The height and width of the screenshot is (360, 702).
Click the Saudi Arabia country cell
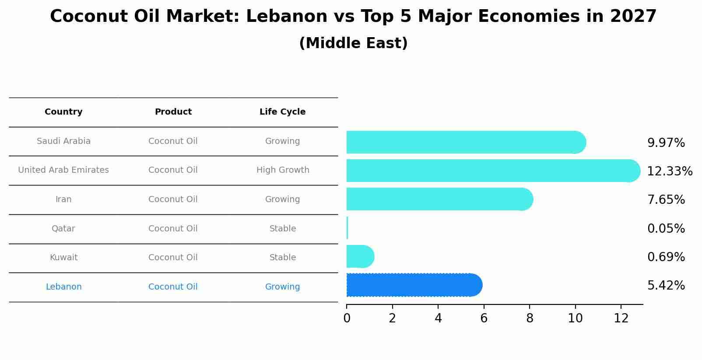tap(63, 141)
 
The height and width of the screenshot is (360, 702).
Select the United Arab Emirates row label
tap(63, 170)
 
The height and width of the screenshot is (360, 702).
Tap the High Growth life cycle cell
tap(283, 170)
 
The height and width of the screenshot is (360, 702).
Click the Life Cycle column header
tap(282, 112)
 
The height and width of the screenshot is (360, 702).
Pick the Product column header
tap(173, 112)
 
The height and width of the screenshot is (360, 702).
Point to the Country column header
tap(63, 112)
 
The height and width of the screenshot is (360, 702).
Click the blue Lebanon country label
tap(63, 287)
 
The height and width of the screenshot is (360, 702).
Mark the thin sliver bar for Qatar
tap(347, 228)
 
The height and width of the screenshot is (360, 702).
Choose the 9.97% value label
tap(666, 143)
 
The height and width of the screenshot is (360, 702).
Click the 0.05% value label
tap(666, 229)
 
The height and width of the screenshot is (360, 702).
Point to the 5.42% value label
tap(666, 286)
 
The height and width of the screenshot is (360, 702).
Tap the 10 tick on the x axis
tap(575, 318)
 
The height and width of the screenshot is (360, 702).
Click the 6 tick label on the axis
tap(484, 318)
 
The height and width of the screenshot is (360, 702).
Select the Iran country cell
tap(63, 199)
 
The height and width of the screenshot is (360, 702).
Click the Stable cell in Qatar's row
tap(283, 229)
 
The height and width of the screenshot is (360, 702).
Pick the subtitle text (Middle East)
tap(353, 43)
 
